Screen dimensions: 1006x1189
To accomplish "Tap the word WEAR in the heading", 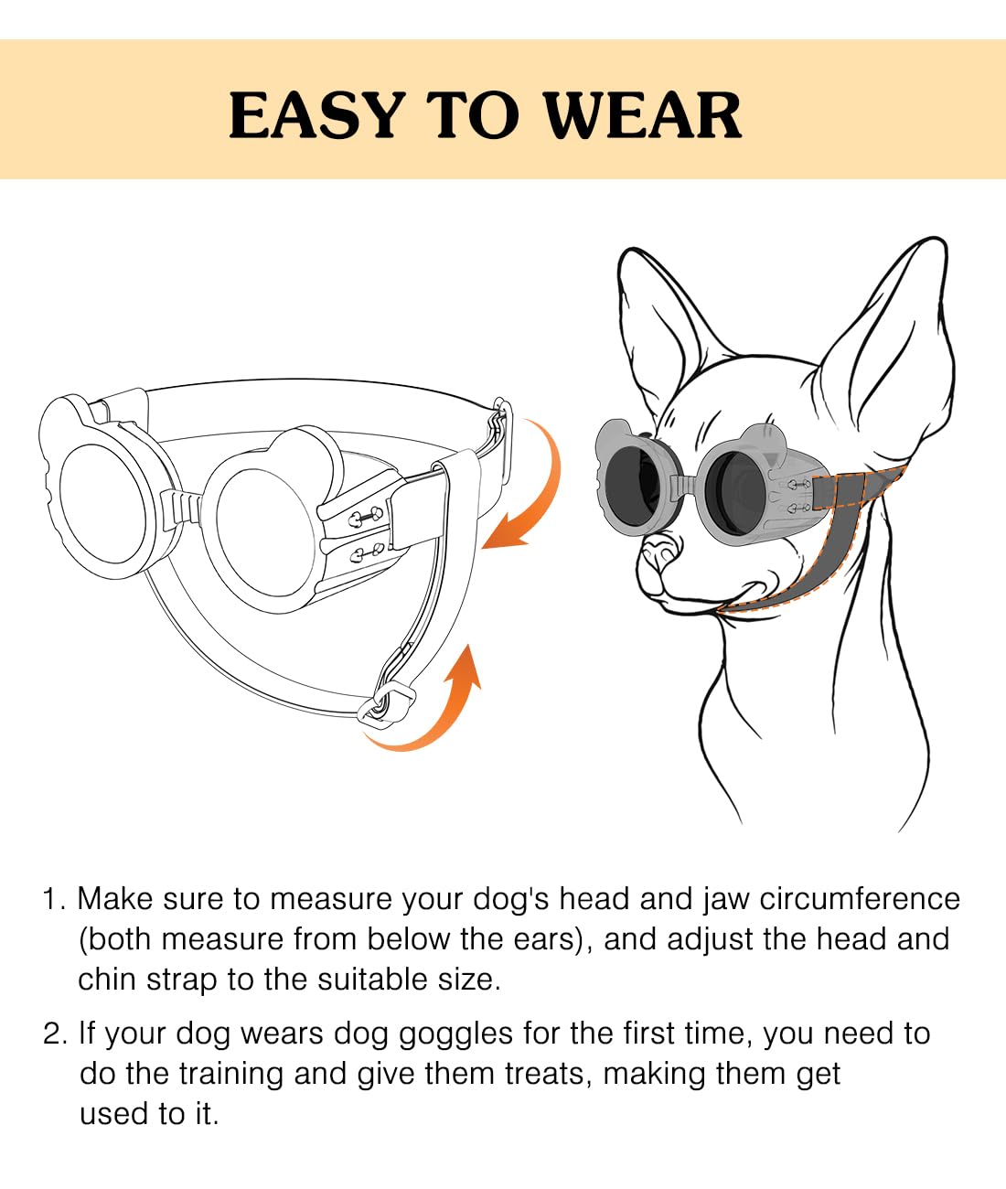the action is (642, 115).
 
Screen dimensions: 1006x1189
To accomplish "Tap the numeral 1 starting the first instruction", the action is (50, 899).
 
